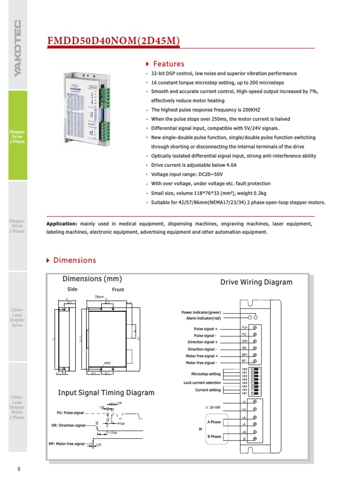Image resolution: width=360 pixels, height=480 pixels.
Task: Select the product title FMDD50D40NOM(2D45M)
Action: [x=113, y=42]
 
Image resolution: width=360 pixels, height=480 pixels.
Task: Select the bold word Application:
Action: [x=61, y=224]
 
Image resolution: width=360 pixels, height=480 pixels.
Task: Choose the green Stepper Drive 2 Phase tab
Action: [x=17, y=136]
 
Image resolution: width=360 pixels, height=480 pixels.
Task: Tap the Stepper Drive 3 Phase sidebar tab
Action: [x=17, y=226]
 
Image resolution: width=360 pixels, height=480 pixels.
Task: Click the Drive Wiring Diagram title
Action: [x=256, y=282]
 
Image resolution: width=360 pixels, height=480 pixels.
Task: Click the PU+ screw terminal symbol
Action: [x=255, y=328]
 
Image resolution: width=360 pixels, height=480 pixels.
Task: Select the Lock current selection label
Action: [x=202, y=382]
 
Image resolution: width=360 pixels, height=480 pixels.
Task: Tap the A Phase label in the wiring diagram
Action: [x=214, y=422]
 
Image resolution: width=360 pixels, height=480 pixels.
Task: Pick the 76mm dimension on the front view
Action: [x=99, y=297]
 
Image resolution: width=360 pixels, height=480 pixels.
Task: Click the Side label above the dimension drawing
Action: [x=72, y=290]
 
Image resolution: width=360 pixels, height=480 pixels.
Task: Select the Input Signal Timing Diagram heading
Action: [x=106, y=393]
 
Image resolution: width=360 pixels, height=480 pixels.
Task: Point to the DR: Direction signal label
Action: [x=68, y=426]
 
